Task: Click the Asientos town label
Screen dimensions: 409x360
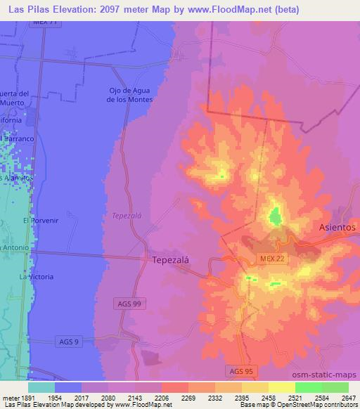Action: point(337,228)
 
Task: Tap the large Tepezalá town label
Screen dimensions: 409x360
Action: point(170,259)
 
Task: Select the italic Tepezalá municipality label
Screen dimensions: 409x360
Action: point(127,216)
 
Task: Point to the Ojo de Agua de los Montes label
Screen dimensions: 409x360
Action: point(130,95)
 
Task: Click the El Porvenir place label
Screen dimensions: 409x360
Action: point(39,220)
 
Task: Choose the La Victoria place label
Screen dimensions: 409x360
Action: point(35,277)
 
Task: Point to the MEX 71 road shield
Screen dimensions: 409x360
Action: point(45,22)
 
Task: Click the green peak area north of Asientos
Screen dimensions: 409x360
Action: point(274,214)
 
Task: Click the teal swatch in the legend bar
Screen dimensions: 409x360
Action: point(41,387)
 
